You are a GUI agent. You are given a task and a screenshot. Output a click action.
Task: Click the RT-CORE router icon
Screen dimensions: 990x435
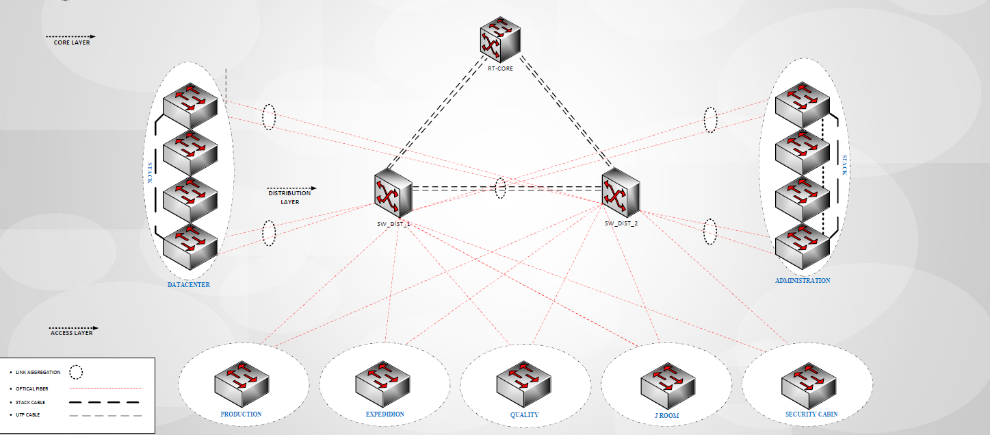coord(500,40)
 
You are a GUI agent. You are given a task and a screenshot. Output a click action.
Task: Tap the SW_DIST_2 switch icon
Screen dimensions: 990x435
coord(621,192)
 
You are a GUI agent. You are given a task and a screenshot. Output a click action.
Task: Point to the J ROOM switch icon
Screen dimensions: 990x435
coord(668,386)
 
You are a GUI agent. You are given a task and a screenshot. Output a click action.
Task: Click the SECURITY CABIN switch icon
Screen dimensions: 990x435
coord(809,386)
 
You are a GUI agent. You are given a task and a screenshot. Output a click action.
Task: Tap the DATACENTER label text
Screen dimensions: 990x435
coord(189,284)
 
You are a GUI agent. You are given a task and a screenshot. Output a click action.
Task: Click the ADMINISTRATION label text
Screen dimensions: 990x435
coord(803,281)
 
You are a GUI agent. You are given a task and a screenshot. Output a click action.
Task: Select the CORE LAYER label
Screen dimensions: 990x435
coord(72,42)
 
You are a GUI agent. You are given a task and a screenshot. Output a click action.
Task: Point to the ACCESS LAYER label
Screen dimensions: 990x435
coord(72,333)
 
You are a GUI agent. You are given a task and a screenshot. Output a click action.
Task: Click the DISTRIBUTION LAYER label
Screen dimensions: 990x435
coord(289,197)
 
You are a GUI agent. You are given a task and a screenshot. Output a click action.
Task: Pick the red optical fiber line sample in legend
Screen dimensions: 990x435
coord(105,388)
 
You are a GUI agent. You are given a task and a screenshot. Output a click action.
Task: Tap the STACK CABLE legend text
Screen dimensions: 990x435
coord(31,402)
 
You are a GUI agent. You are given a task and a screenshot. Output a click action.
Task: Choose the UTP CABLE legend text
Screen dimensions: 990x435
coord(28,414)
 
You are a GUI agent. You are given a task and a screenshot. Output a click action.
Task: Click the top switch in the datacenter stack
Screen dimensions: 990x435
coord(190,105)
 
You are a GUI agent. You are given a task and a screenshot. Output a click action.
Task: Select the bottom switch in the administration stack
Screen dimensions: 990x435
coord(803,247)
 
